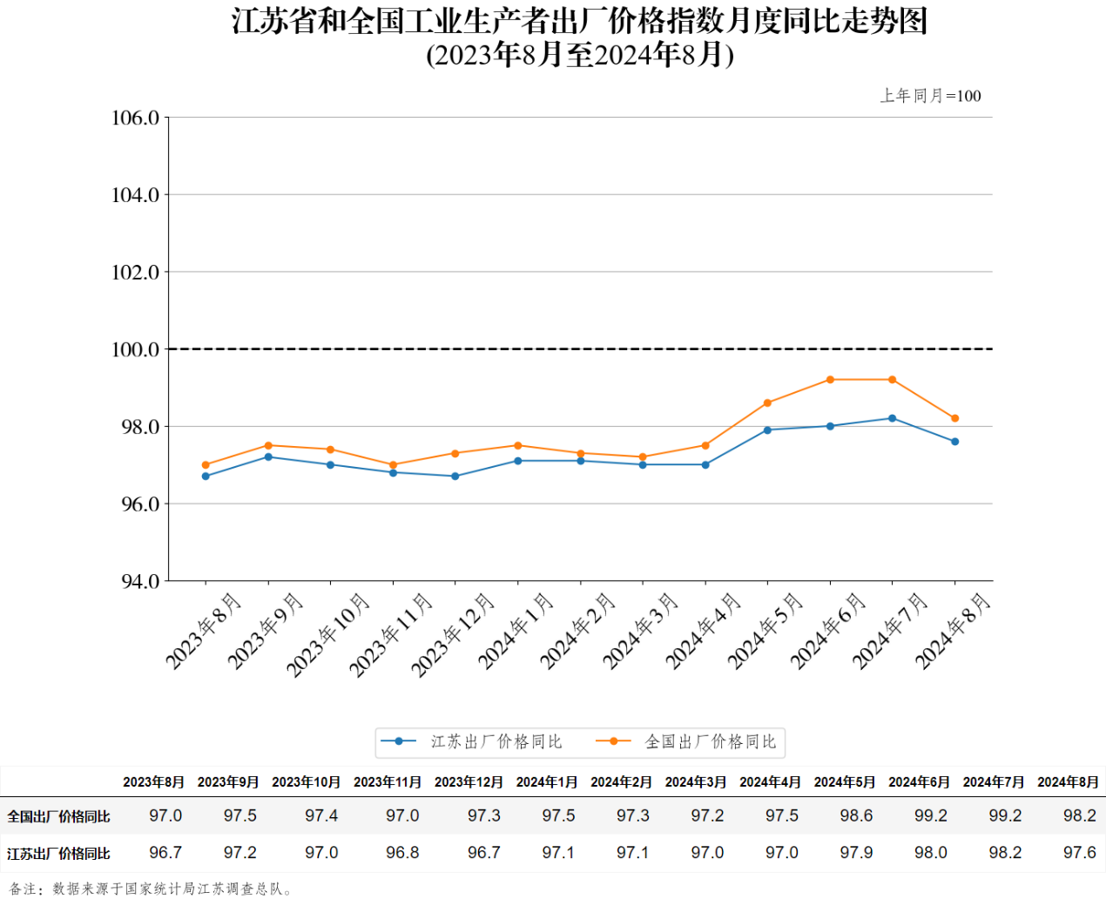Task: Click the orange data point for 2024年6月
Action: coord(830,380)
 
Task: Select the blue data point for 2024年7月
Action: coord(892,418)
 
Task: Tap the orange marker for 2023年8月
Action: coord(206,465)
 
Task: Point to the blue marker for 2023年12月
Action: coord(455,477)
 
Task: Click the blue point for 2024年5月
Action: coord(767,430)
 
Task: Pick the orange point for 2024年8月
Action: coord(954,418)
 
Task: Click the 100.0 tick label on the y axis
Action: coord(135,350)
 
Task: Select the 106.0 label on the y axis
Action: coord(135,118)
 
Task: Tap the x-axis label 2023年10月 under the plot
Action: coord(328,634)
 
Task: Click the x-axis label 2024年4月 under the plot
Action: coord(703,632)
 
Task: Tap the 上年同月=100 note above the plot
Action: coord(930,96)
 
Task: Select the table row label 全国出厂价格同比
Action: coord(58,817)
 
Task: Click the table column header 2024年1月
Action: coord(547,782)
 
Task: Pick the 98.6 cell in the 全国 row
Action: coord(856,816)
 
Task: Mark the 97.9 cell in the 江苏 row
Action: coord(856,853)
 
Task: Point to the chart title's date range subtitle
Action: coord(580,55)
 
